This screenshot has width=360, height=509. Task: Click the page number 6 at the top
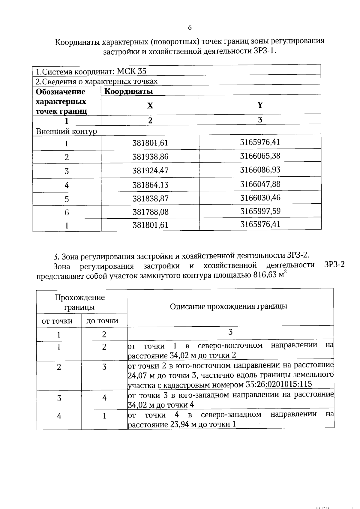[190, 28]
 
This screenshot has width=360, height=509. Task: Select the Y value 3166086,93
[260, 170]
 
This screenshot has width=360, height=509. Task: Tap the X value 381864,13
[150, 185]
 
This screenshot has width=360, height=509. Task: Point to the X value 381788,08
[150, 212]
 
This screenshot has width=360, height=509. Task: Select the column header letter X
[150, 106]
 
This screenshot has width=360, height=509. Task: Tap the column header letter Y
[260, 105]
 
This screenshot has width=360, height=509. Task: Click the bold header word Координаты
[128, 91]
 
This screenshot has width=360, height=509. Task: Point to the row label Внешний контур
[66, 131]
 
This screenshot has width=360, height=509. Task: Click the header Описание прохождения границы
[229, 306]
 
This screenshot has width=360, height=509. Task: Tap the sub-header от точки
[57, 321]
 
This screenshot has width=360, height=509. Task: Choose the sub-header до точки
[102, 321]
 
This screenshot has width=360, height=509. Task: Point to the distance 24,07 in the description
[136, 375]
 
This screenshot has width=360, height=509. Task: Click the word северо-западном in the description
[231, 415]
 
